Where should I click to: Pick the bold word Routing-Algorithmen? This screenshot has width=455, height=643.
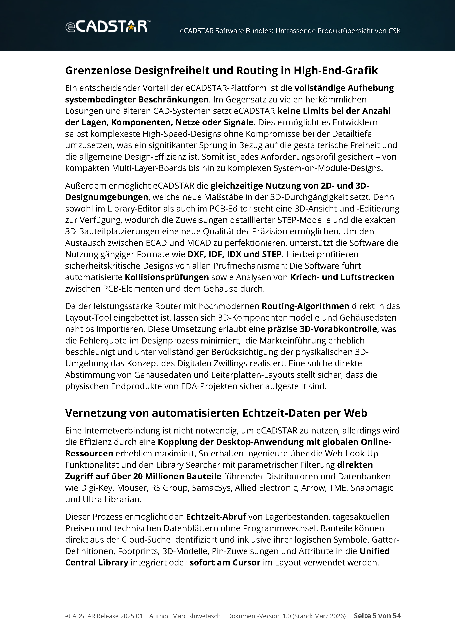pos(305,306)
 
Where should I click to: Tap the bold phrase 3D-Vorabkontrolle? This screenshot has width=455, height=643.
pos(338,329)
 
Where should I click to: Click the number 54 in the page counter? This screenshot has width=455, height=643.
pos(397,616)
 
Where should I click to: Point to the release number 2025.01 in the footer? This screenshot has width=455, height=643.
pos(131,616)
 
